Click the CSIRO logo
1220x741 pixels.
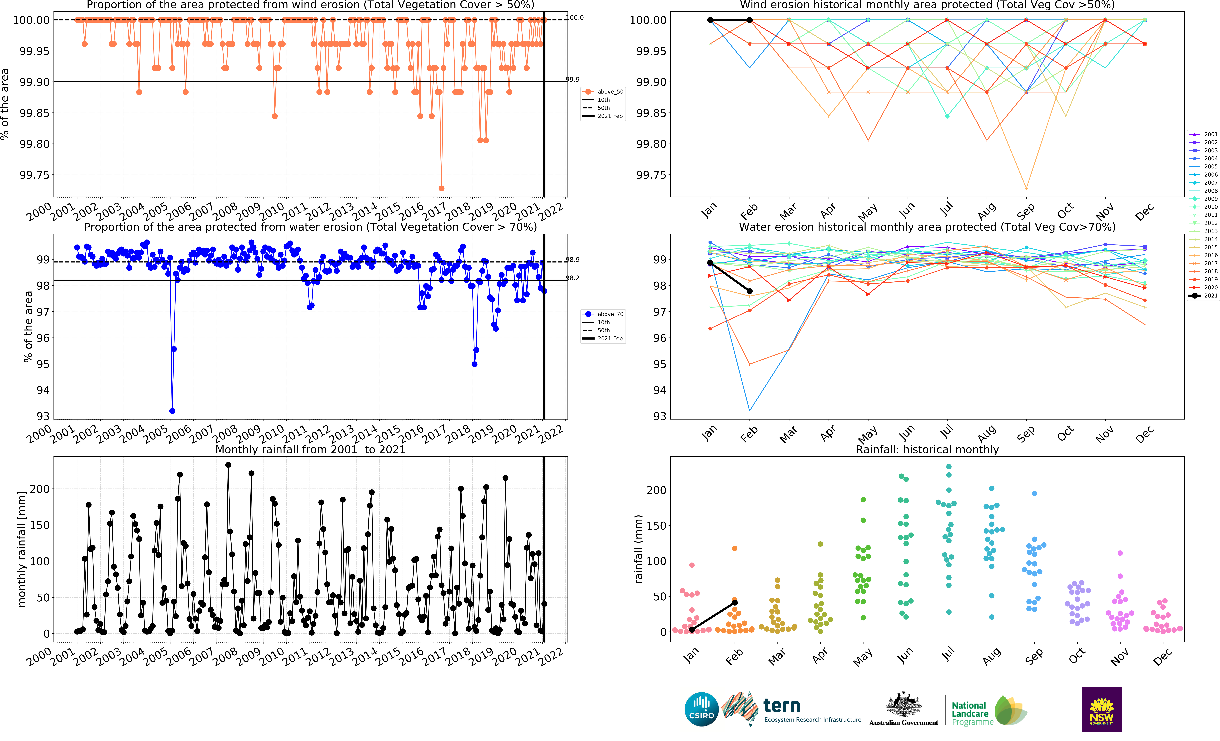pos(701,709)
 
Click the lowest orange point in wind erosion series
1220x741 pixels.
pos(441,188)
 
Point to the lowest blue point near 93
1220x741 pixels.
pos(172,411)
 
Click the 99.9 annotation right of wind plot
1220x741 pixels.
pos(573,79)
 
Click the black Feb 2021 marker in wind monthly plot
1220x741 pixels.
pos(750,20)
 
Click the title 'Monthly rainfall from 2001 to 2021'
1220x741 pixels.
pos(310,449)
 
